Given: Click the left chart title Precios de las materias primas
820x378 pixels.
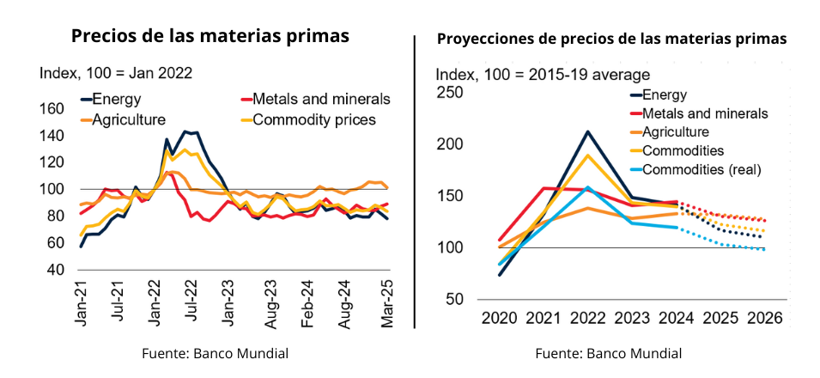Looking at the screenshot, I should pos(210,36).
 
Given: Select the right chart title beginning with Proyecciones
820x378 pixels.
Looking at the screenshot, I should pos(611,39).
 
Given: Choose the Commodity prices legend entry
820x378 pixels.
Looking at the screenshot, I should pos(314,119).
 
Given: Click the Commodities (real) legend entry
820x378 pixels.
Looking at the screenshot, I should pos(697,169).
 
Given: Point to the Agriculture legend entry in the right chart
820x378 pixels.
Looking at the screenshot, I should pos(675,131).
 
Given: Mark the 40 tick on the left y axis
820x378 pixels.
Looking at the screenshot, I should pos(56,270).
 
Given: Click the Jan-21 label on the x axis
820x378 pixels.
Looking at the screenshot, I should pos(82,306).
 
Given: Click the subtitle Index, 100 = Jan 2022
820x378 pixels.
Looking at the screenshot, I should pos(116,73).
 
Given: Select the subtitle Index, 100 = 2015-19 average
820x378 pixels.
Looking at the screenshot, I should pos(543,75).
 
